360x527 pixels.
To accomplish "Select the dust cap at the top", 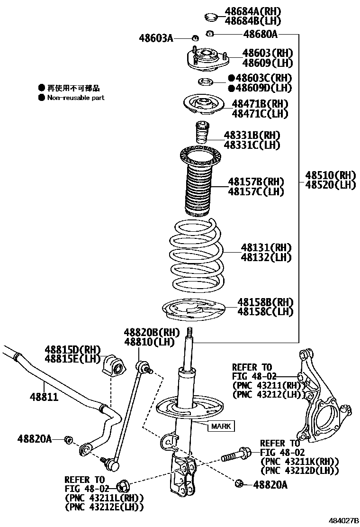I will point(210,18).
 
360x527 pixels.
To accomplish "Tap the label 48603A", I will point(156,37).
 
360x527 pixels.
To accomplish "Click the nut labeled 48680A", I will point(210,34).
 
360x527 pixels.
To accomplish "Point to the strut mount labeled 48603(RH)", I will point(206,59).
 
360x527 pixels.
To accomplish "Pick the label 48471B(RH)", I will point(260,104).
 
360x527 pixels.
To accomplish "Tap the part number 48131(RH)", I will point(266,247).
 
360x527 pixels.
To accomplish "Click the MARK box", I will point(221,427).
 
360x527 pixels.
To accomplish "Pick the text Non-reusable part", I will point(75,98).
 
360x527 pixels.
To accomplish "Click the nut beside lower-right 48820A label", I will point(239,483).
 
